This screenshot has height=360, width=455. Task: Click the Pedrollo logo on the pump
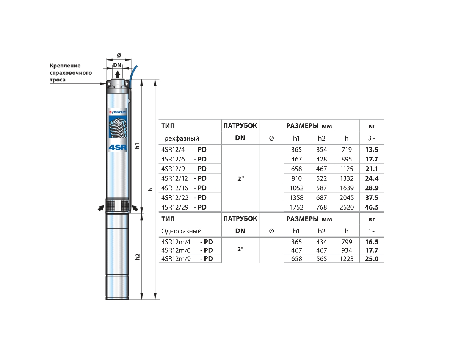[x=118, y=112]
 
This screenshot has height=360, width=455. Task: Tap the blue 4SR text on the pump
[x=118, y=147]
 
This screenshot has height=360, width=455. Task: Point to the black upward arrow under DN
[x=118, y=74]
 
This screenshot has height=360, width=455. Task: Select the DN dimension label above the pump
[x=117, y=65]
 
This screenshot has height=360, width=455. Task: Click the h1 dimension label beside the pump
[x=137, y=146]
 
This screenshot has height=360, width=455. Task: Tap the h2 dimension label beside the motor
[x=137, y=257]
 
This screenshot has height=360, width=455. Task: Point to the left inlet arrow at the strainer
[x=101, y=208]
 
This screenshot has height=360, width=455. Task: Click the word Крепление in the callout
[x=65, y=66]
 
